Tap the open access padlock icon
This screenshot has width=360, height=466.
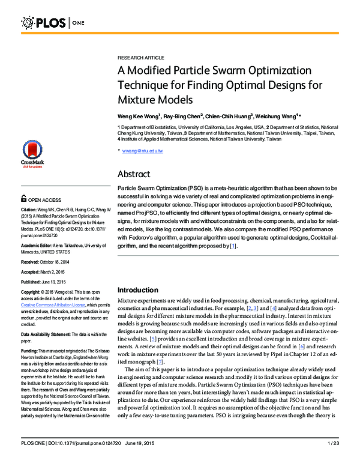tap(23, 198)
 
